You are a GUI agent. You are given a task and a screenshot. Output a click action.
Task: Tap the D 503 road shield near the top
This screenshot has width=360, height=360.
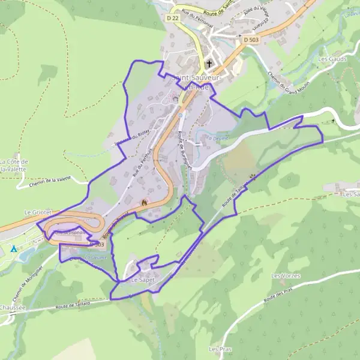tap(251, 40)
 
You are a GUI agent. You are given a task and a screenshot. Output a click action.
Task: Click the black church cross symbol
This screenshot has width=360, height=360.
tap(209, 64)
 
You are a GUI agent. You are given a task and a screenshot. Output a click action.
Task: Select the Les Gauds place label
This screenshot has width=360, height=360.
tap(332, 59)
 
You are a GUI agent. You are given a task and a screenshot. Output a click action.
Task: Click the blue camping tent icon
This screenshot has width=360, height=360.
tap(14, 248)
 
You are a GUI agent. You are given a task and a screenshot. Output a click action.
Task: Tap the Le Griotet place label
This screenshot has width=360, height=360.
tap(38, 212)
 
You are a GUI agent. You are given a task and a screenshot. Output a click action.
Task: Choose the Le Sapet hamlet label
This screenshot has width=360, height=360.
tap(143, 280)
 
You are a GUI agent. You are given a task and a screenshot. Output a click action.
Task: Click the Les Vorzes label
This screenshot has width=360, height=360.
tap(286, 275)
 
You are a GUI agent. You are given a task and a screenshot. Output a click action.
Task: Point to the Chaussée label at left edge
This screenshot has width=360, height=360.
tap(12, 307)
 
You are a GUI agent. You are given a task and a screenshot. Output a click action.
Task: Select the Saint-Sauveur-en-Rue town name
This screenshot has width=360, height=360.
tap(198, 82)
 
